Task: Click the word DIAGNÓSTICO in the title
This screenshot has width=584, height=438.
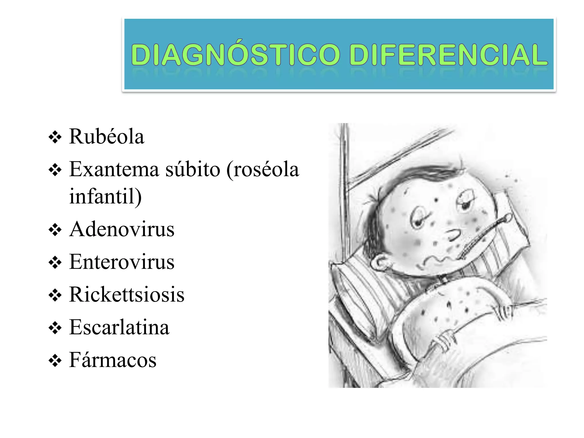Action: [x=236, y=54]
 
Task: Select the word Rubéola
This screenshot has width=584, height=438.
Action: [x=106, y=137]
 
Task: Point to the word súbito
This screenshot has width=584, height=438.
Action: [x=193, y=169]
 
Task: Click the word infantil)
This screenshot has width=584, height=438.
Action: [x=105, y=196]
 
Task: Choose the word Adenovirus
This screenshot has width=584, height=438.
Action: [x=122, y=229]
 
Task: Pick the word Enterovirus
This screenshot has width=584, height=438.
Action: [x=122, y=262]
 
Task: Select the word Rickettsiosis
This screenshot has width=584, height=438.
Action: [x=127, y=295]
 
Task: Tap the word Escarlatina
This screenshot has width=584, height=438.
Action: [x=119, y=327]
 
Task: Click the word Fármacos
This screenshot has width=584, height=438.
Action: [x=113, y=360]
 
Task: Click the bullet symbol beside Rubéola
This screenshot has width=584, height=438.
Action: [x=55, y=138]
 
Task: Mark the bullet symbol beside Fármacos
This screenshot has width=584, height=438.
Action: [x=55, y=361]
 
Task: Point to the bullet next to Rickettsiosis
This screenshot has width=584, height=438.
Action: [x=55, y=295]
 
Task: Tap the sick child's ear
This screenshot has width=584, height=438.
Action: [x=381, y=262]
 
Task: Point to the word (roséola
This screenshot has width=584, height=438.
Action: [x=263, y=169]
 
